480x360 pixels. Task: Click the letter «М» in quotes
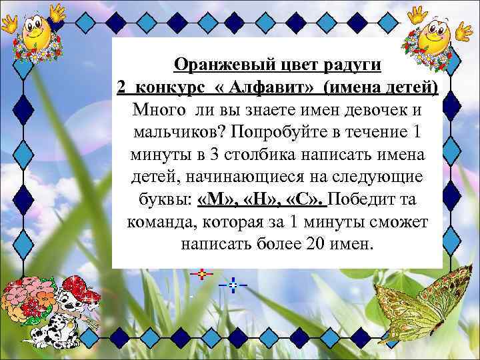215,199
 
